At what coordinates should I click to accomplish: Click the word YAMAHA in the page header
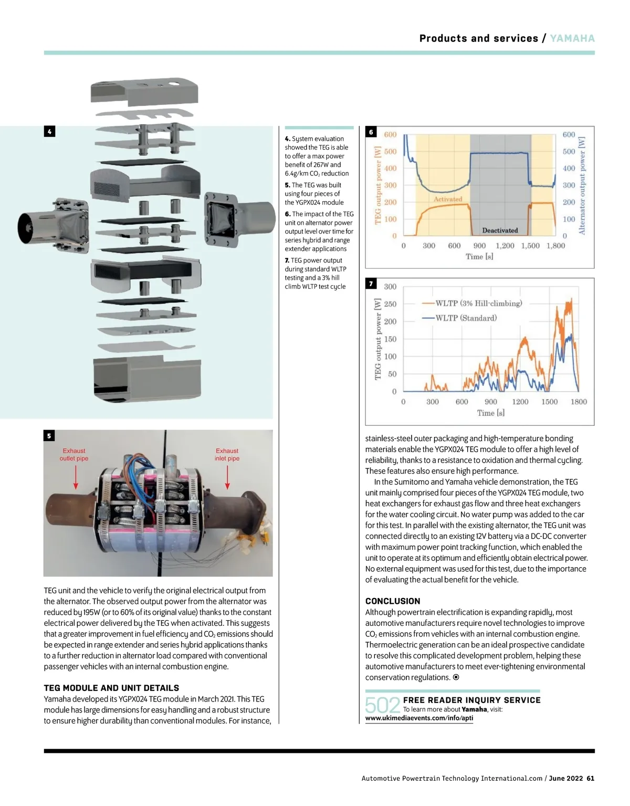572,38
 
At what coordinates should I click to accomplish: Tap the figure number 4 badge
49,131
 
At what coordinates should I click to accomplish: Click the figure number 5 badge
49,435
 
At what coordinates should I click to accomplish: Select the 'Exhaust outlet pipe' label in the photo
74,455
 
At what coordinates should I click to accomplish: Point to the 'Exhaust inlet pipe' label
227,455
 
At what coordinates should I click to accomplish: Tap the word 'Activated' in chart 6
448,199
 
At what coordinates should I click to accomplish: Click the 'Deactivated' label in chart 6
500,230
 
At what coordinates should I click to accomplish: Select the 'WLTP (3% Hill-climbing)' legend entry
478,303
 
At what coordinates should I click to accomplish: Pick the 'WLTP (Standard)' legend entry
466,318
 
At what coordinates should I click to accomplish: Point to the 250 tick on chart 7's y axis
390,304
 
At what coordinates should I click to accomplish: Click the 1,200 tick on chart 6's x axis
505,246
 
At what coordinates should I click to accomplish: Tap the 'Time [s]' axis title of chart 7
490,413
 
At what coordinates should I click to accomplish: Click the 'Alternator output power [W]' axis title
582,185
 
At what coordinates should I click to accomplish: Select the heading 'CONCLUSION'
393,601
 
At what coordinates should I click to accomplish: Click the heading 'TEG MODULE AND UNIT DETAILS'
111,688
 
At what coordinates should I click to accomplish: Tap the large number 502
382,705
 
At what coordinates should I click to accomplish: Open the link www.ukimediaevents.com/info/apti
419,718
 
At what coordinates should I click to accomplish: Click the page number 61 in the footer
591,778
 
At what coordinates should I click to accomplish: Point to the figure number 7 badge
371,284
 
